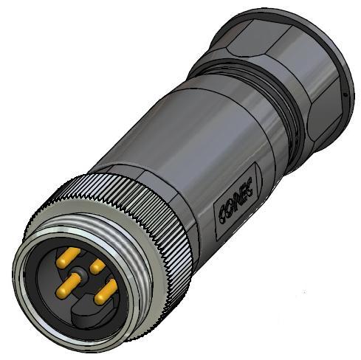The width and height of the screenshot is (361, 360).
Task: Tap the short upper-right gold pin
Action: pos(97,264)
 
